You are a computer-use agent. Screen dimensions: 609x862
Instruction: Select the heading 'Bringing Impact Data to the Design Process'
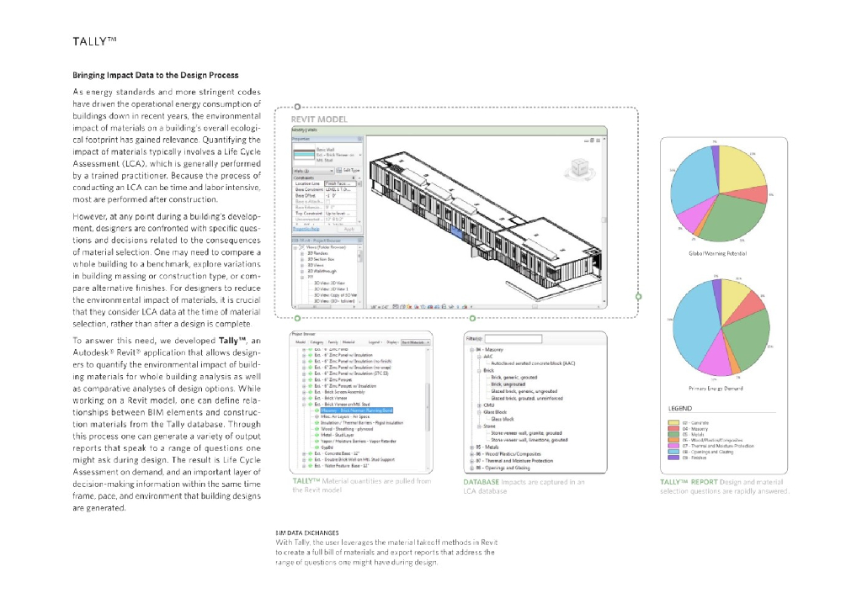click(155, 76)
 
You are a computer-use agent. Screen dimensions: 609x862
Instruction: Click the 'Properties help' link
click(305, 229)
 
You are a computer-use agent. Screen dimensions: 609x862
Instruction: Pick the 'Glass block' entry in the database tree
click(503, 418)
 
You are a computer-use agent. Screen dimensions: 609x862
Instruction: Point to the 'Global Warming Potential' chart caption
click(718, 253)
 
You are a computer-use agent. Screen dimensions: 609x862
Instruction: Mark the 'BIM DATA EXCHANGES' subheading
click(307, 533)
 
